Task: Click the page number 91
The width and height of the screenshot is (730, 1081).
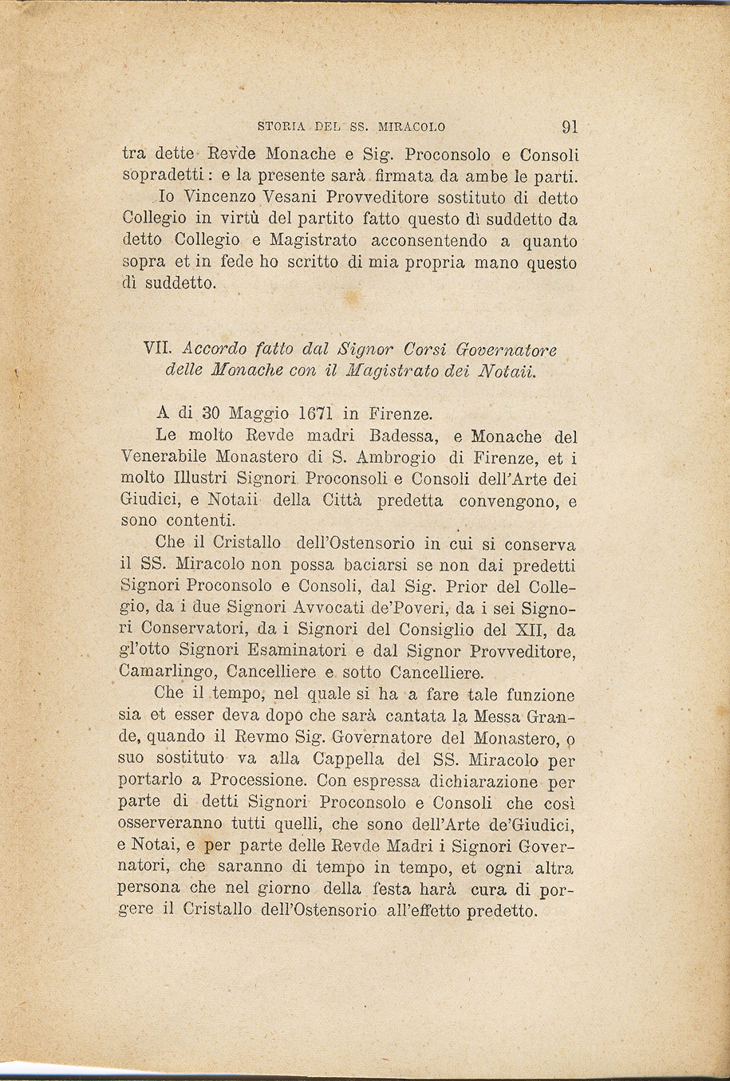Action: pos(570,126)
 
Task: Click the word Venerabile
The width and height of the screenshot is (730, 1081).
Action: pos(164,458)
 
